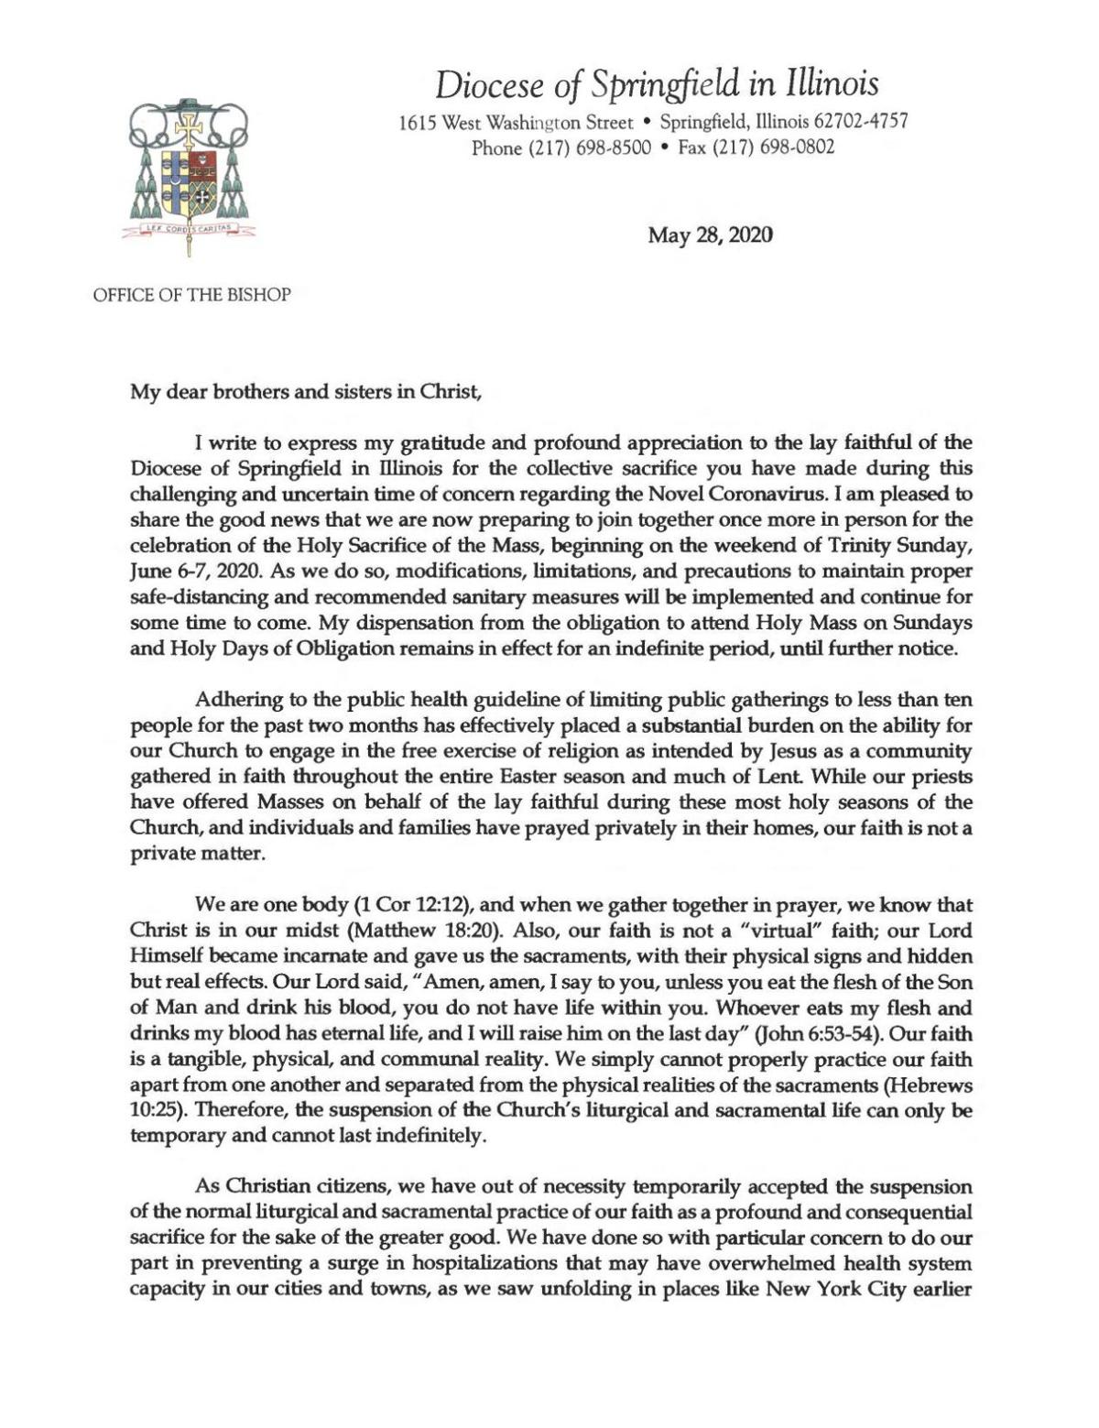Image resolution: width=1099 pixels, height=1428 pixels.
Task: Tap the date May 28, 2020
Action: click(710, 235)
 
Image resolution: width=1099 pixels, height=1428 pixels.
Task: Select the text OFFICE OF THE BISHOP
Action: click(191, 296)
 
